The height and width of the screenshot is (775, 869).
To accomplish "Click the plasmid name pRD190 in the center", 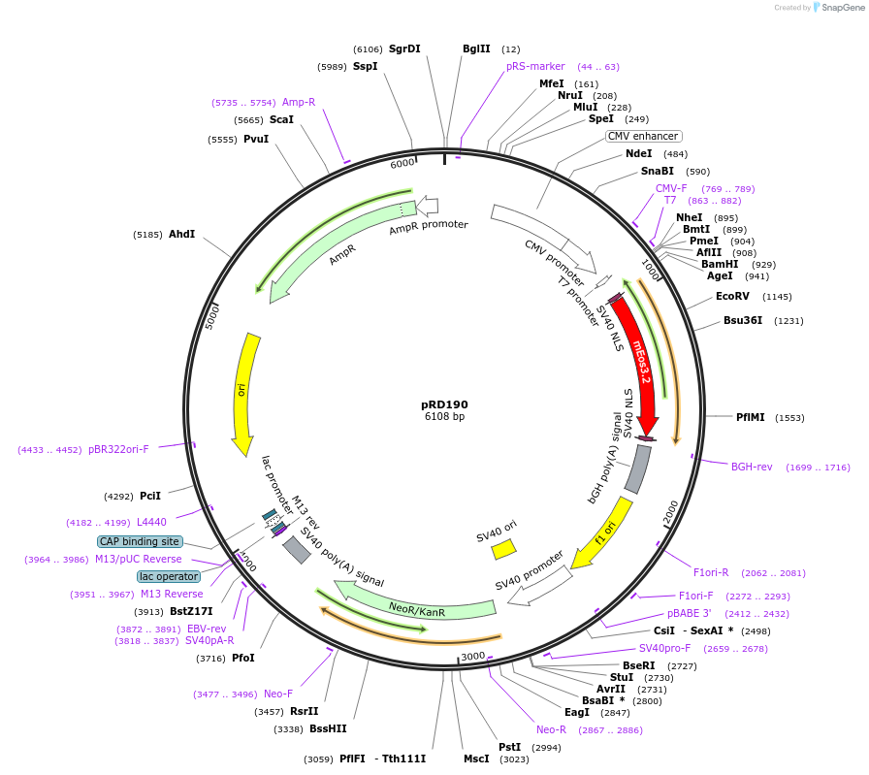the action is [x=444, y=404].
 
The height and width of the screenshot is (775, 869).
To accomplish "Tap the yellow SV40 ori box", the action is [x=503, y=549].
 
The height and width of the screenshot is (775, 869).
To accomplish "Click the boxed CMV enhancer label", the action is [x=643, y=137].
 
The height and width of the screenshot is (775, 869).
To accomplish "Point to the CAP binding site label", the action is [x=139, y=541].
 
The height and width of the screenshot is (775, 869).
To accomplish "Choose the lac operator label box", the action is [x=169, y=576].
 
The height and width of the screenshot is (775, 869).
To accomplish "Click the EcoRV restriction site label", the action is [x=732, y=296].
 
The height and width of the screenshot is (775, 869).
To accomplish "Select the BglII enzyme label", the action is [x=476, y=48].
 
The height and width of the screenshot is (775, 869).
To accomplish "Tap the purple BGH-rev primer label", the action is [x=752, y=467].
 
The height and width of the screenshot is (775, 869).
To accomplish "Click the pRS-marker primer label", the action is [x=535, y=67].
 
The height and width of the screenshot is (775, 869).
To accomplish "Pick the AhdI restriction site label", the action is [x=181, y=234].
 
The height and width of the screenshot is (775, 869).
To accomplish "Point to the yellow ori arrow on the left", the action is [x=242, y=393].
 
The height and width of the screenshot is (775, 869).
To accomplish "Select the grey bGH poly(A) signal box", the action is [x=637, y=468].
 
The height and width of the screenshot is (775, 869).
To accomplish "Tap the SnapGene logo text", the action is [x=841, y=8].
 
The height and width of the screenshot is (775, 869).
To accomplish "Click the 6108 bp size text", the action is [x=444, y=417].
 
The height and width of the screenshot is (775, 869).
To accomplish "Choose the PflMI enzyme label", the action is [x=750, y=417].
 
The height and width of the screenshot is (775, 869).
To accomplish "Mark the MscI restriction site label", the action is [x=476, y=759].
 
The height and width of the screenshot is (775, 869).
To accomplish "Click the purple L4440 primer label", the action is [x=151, y=522].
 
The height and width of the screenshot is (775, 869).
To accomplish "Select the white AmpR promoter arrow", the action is [x=427, y=206].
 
